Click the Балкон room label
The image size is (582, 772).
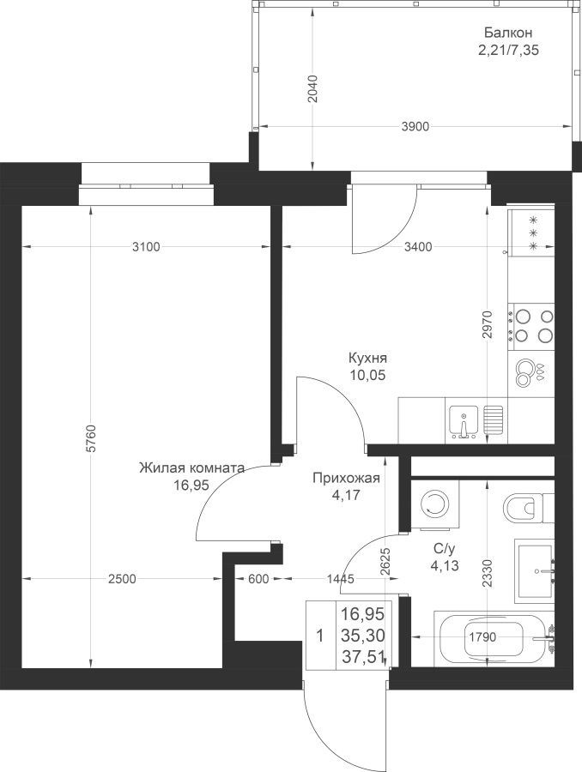(x=507, y=33)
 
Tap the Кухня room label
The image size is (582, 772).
(x=367, y=358)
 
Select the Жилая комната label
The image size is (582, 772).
(x=191, y=467)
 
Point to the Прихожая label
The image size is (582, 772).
(x=347, y=478)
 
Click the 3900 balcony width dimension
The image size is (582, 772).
(x=415, y=127)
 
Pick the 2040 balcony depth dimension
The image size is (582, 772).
(x=312, y=88)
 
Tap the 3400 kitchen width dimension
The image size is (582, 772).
(x=418, y=247)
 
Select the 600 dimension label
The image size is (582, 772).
(x=258, y=579)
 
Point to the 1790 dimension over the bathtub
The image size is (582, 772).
(x=482, y=637)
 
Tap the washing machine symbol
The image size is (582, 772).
(x=435, y=504)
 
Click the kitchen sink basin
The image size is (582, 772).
(x=464, y=422)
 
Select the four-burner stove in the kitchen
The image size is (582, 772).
(x=531, y=328)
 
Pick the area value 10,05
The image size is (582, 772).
(x=367, y=376)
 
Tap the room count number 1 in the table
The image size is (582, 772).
(x=320, y=636)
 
